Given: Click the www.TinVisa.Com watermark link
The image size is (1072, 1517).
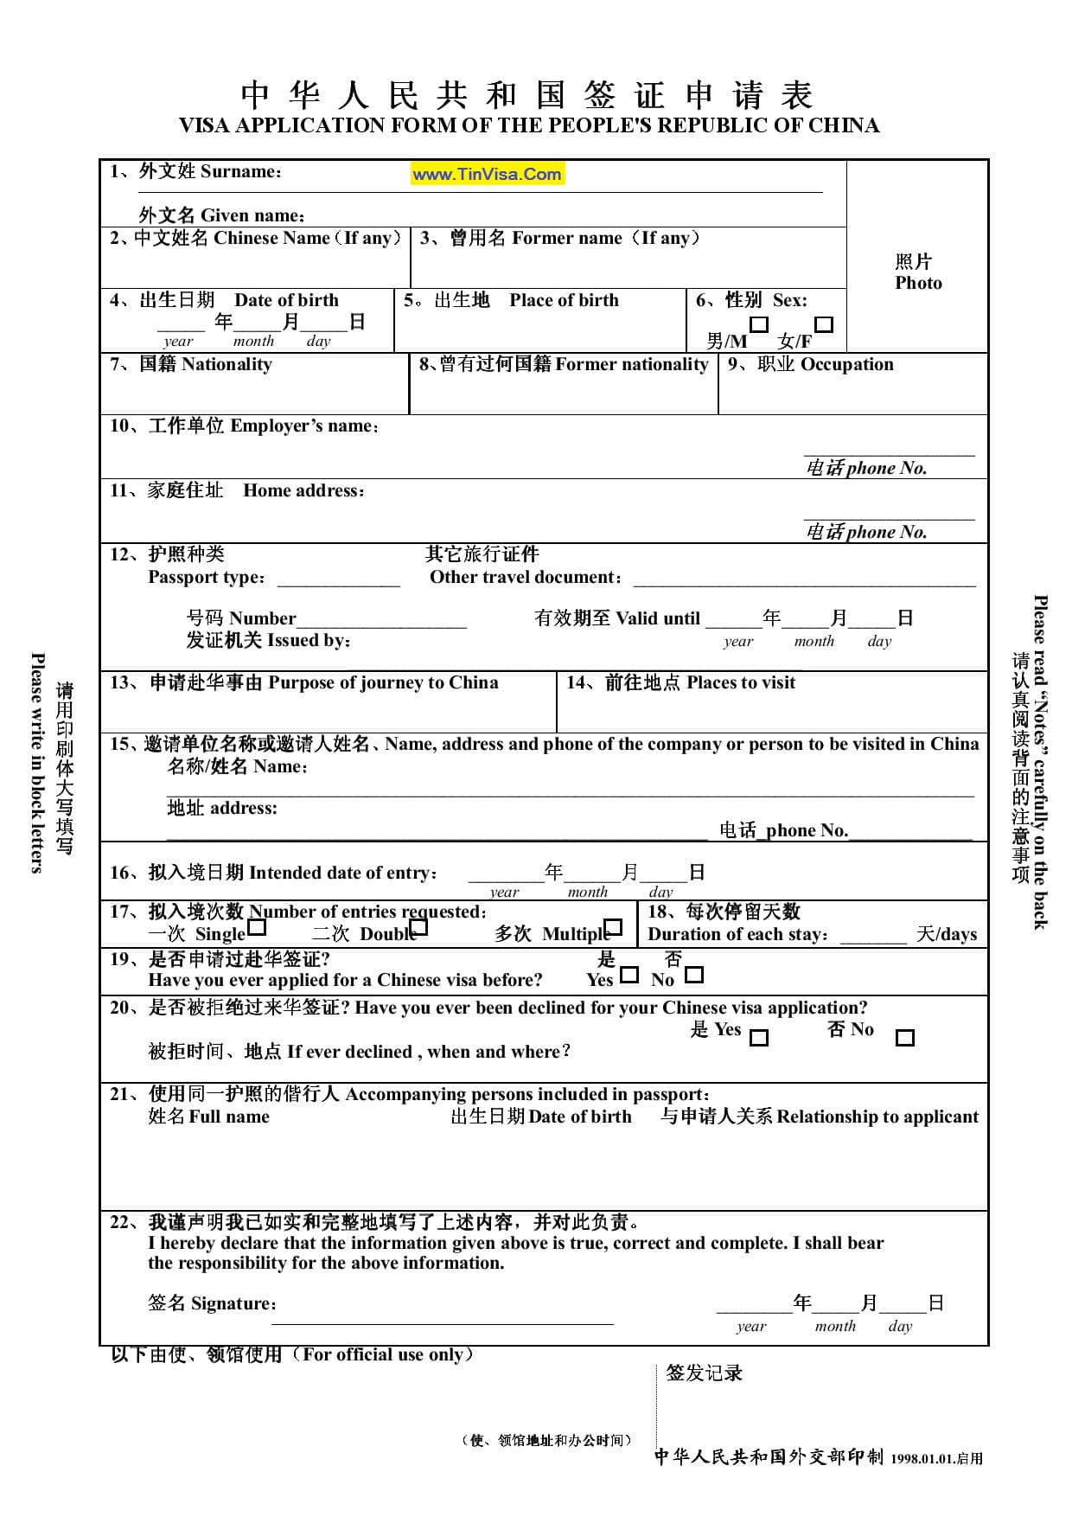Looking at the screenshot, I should click(487, 174).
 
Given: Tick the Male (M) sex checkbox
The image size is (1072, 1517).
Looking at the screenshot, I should click(758, 325).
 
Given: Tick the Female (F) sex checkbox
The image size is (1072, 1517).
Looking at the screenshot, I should click(824, 325).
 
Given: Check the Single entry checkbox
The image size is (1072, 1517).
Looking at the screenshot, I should click(257, 929).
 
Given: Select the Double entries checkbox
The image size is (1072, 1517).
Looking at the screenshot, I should click(419, 929).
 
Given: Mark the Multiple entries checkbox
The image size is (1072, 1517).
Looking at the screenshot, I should click(613, 929).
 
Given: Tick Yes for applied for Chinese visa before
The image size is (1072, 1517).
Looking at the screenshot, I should click(629, 975).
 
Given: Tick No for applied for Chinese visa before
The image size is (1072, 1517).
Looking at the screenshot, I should click(693, 975).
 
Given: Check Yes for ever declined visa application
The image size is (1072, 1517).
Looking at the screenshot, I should click(758, 1037).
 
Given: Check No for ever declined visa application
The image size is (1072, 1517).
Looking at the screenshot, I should click(904, 1037).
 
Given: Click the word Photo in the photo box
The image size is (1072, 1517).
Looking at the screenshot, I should click(918, 283).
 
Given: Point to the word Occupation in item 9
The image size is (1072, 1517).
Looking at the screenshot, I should click(846, 364).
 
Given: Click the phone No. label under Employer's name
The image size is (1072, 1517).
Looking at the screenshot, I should click(886, 468).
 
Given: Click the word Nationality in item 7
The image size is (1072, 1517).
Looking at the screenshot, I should click(227, 364).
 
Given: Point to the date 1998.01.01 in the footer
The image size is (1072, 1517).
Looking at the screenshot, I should click(922, 1458).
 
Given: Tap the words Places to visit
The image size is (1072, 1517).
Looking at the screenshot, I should click(740, 682).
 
